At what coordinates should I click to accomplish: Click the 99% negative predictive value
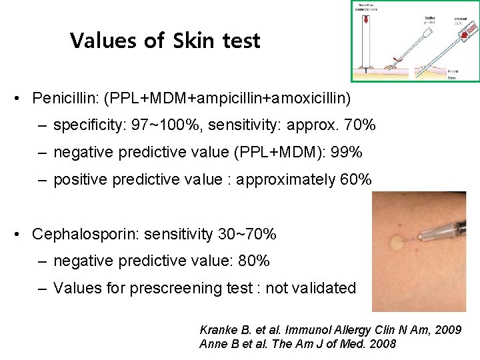click(346, 153)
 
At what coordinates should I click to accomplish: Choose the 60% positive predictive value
click(354, 180)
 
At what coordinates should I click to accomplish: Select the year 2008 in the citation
click(383, 344)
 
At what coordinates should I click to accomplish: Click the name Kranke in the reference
click(217, 330)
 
